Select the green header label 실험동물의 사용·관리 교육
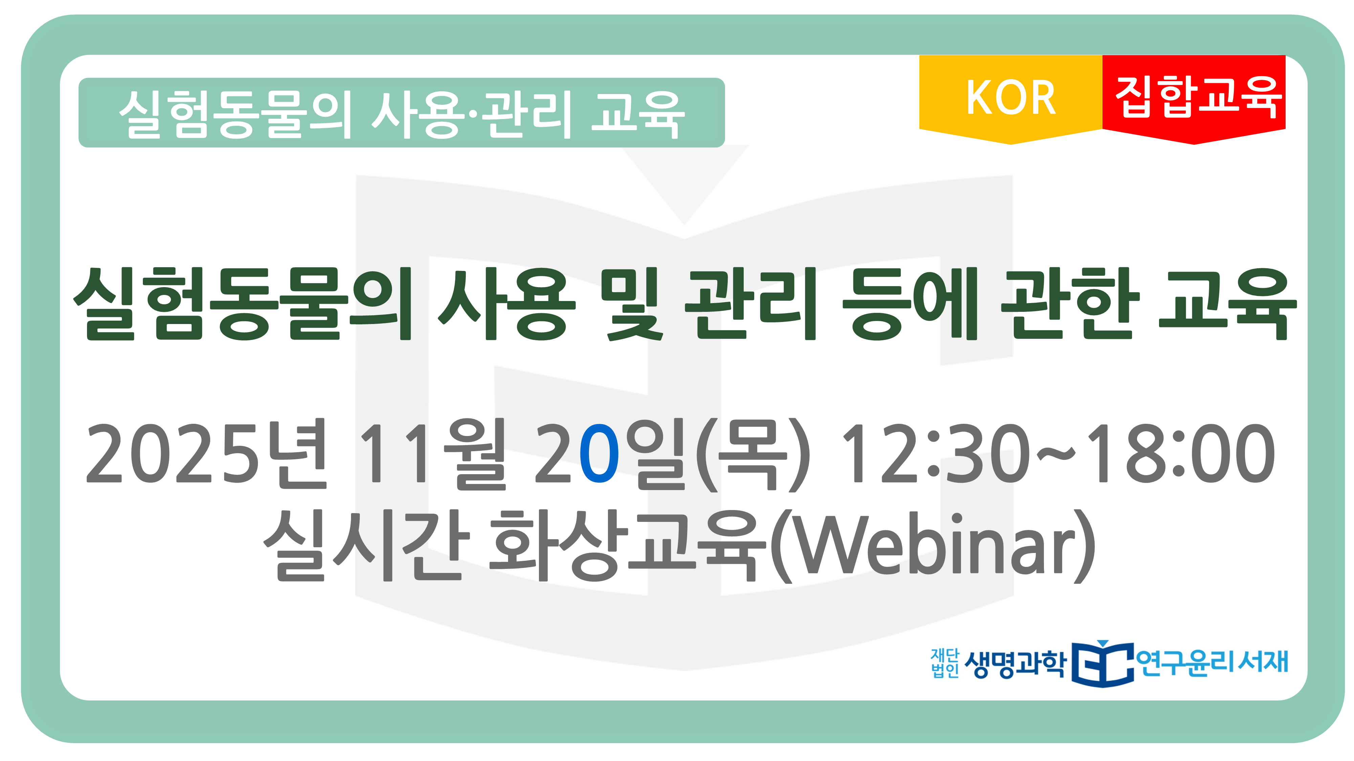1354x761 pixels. pos(401,112)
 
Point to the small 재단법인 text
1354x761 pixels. pos(944,663)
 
